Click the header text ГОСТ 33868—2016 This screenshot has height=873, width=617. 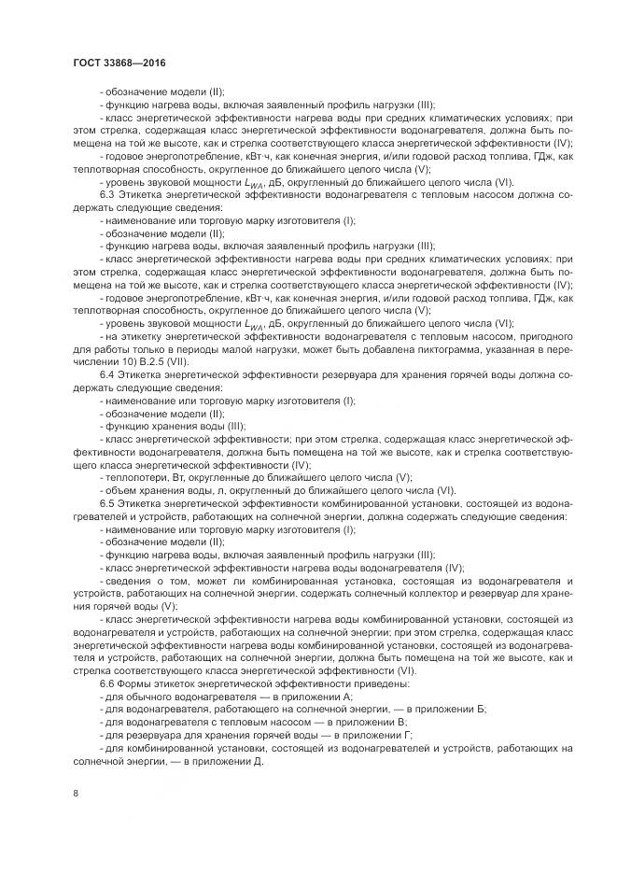click(x=119, y=63)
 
